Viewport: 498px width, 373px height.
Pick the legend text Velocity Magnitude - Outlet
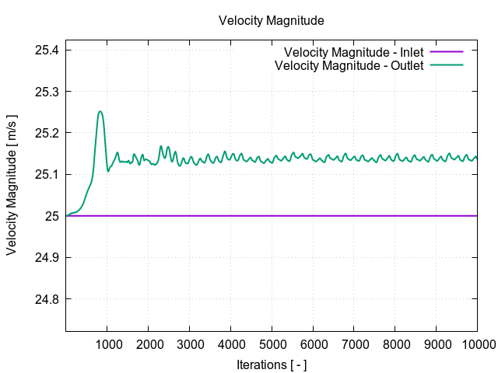click(349, 65)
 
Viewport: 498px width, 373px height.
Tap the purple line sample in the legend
click(447, 53)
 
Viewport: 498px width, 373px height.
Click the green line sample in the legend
click(447, 65)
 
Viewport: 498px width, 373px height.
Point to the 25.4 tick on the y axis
click(47, 51)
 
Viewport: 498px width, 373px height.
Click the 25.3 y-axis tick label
click(47, 92)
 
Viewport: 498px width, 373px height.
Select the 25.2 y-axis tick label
click(47, 133)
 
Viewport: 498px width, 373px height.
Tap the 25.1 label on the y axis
click(47, 175)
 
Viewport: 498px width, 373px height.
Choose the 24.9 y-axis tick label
click(47, 257)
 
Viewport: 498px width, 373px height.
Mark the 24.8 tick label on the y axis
click(47, 299)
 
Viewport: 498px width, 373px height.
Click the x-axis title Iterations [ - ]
click(271, 364)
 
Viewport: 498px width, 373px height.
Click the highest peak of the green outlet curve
click(100, 111)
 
